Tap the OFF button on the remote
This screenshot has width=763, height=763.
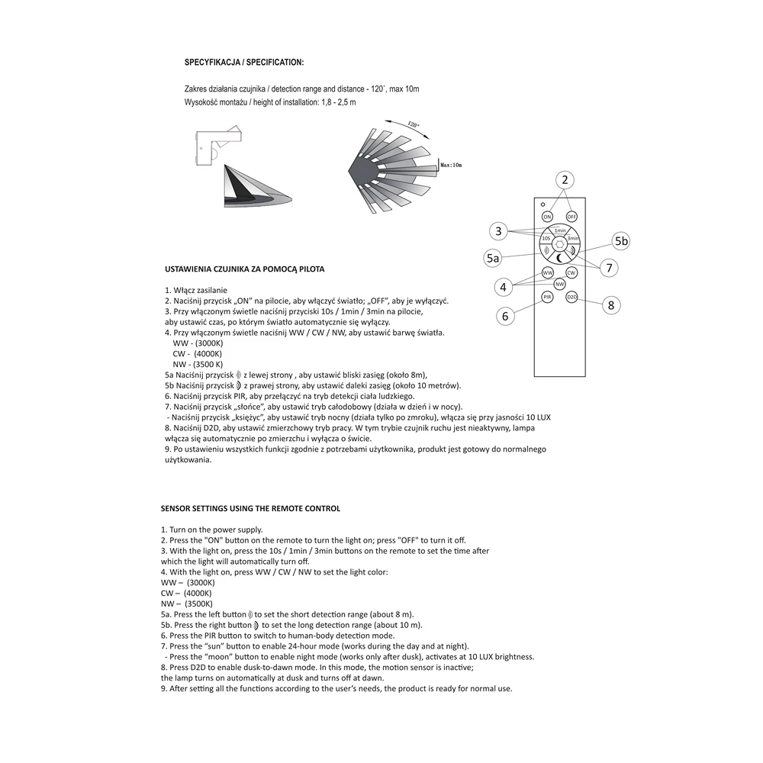pos(571,217)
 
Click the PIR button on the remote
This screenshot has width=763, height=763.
pos(547,297)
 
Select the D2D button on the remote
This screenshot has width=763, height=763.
pos(571,297)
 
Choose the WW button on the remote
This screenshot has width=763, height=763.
pos(548,273)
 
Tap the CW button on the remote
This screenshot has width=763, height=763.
pos(571,273)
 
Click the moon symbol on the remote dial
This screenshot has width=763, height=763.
pos(560,259)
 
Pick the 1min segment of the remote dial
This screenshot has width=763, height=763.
pos(559,230)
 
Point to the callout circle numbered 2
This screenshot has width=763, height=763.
pos(565,180)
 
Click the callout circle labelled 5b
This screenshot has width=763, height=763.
pos(621,241)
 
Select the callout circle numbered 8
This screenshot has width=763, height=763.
pos(611,305)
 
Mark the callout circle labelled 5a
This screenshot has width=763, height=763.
pos(493,258)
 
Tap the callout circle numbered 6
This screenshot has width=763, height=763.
pos(505,317)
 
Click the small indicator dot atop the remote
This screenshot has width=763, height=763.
pos(543,204)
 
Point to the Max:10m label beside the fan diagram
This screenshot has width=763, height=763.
pos(451,165)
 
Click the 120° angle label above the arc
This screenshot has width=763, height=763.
pos(413,124)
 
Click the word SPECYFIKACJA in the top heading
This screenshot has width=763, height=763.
pos(212,63)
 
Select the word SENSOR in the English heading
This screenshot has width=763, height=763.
pos(175,508)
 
